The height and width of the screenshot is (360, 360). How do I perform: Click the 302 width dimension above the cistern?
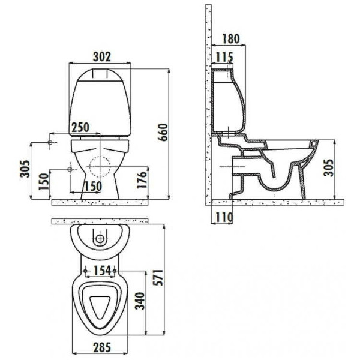[x=101, y=56]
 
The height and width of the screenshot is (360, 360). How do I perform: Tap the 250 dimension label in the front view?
[x=82, y=127]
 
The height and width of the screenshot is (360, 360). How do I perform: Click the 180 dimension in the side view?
[x=229, y=39]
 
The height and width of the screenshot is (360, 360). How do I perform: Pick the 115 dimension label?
[x=224, y=57]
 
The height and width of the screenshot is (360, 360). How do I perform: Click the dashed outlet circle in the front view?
[x=100, y=167]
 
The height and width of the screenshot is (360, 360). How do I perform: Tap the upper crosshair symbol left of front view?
[x=50, y=143]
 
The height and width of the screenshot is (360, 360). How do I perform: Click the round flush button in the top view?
[x=100, y=239]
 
